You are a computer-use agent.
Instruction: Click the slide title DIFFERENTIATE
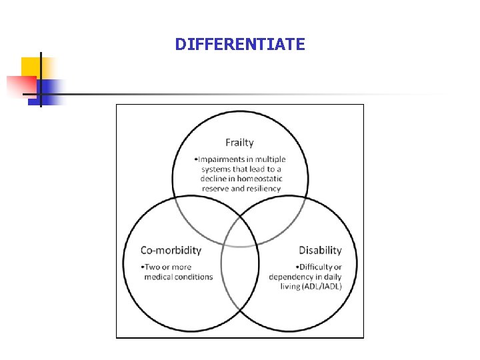tap(240, 45)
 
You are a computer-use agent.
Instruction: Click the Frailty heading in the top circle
tap(239, 142)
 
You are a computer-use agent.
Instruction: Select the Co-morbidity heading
tap(171, 250)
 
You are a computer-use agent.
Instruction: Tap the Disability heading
tap(320, 250)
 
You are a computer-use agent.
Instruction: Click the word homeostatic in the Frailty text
tap(260, 179)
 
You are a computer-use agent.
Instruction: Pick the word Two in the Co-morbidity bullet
tap(151, 267)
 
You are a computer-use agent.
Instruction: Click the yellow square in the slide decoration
tap(31, 67)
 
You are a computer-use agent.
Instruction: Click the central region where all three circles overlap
tap(240, 223)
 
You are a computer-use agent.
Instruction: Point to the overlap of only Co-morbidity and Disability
tap(240, 273)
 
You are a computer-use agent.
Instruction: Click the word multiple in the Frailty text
tap(269, 159)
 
